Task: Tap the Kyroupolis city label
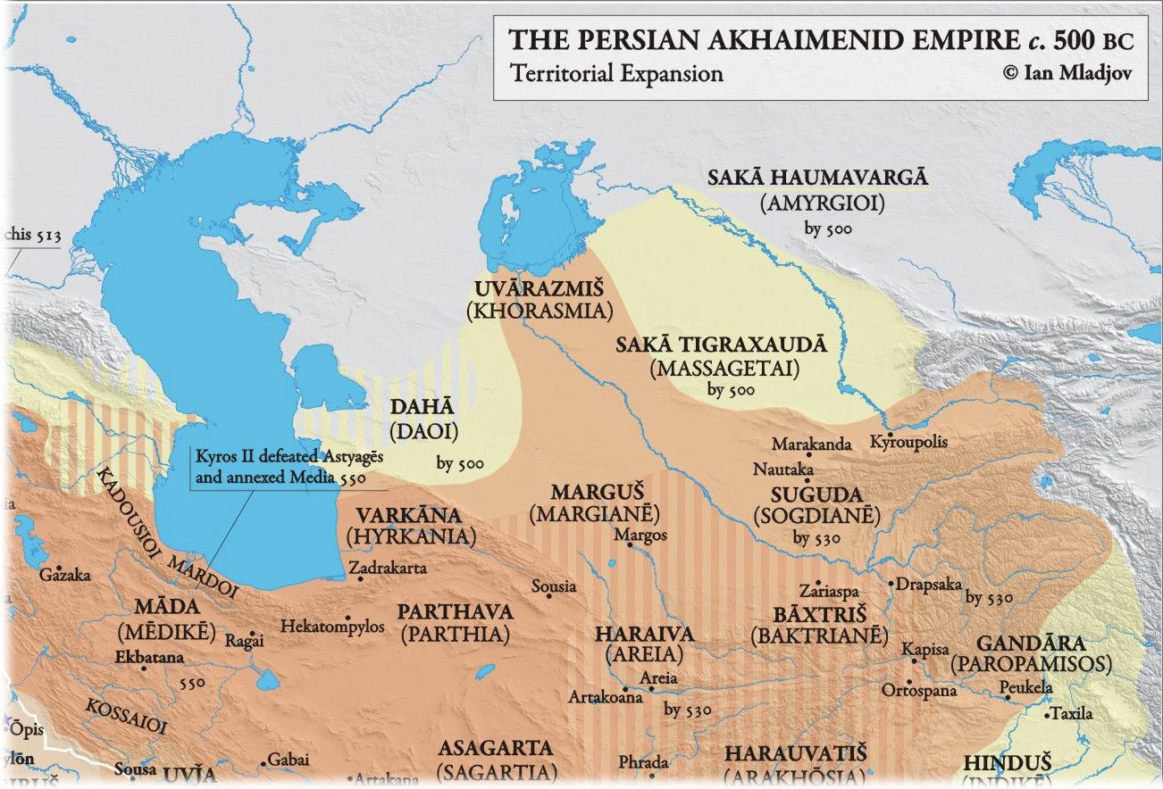(908, 442)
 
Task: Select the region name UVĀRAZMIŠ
(538, 289)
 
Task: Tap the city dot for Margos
(631, 547)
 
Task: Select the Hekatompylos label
(332, 627)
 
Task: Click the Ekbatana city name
(149, 658)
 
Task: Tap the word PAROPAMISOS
(1031, 665)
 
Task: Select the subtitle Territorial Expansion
(616, 73)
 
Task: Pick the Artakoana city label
(606, 697)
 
